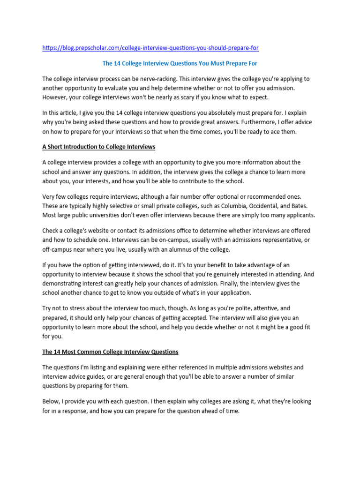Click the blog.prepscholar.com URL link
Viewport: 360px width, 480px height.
coord(150,48)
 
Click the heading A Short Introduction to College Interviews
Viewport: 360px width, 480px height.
coord(98,147)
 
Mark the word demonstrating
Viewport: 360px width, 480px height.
coord(63,284)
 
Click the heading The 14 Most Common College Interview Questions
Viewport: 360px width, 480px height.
coord(110,351)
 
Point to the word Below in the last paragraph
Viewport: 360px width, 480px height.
coord(51,402)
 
